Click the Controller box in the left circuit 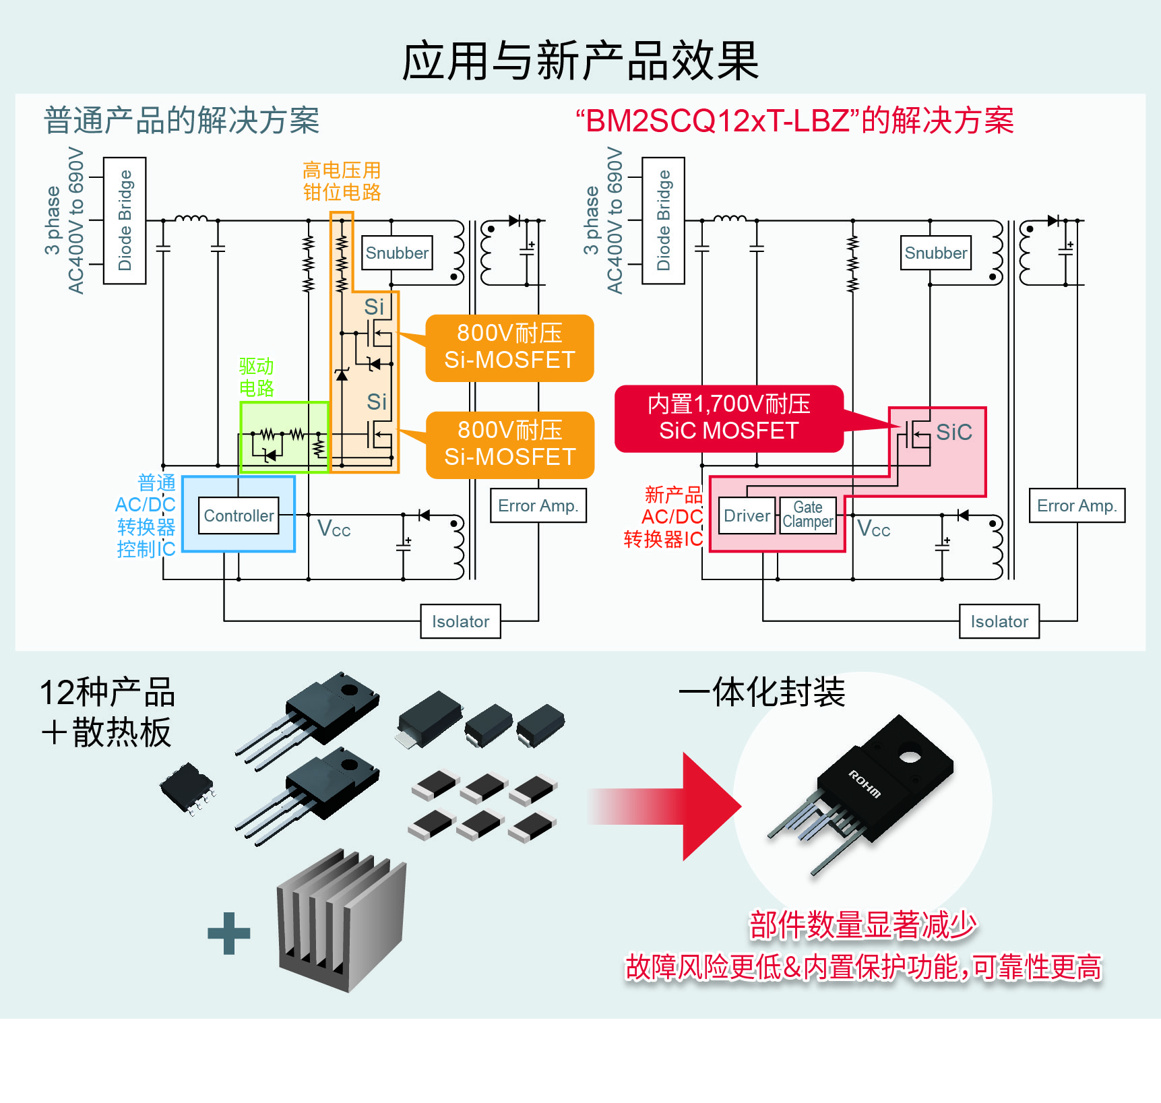tap(239, 515)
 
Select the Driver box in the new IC tap(747, 515)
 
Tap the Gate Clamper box tap(807, 515)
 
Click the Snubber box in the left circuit tap(397, 253)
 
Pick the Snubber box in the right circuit tap(935, 253)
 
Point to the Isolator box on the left tap(460, 621)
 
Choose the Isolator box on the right tap(999, 621)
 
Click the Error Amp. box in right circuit tap(1076, 505)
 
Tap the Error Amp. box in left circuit tap(538, 505)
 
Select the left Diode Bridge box tap(125, 220)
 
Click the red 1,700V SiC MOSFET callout tap(728, 418)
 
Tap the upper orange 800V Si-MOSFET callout tap(509, 347)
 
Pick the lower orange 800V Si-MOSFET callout tap(509, 444)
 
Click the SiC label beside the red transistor tap(953, 433)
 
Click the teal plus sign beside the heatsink tap(229, 933)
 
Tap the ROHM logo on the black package tap(864, 784)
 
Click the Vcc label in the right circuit tap(873, 529)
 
